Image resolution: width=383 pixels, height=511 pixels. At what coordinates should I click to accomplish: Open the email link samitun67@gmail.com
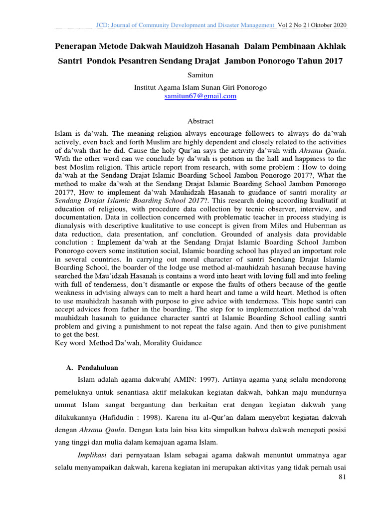pyautogui.click(x=200, y=96)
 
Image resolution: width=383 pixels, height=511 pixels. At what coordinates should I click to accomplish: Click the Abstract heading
pyautogui.click(x=200, y=121)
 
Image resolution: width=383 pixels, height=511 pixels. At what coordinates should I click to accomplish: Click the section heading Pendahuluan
pyautogui.click(x=97, y=368)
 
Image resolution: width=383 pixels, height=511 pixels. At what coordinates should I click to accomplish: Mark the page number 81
pyautogui.click(x=342, y=478)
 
